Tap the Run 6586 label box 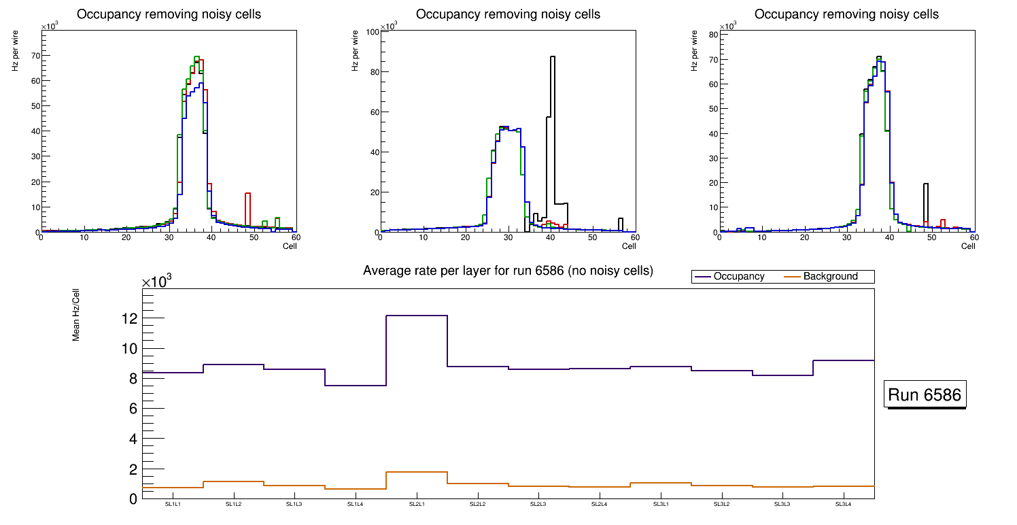click(x=926, y=395)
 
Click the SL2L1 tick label click(x=417, y=505)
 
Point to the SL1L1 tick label click(x=173, y=505)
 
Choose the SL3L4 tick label click(x=843, y=505)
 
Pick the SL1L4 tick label click(x=356, y=505)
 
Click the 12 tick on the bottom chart click(x=130, y=318)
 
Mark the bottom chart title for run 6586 click(x=508, y=271)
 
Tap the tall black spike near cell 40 click(x=553, y=102)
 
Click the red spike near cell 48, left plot click(x=247, y=204)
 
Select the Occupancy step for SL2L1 click(x=417, y=316)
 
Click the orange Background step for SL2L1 click(x=417, y=472)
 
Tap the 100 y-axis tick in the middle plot click(x=373, y=32)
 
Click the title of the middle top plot click(x=508, y=14)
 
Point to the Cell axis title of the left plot click(x=290, y=246)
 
